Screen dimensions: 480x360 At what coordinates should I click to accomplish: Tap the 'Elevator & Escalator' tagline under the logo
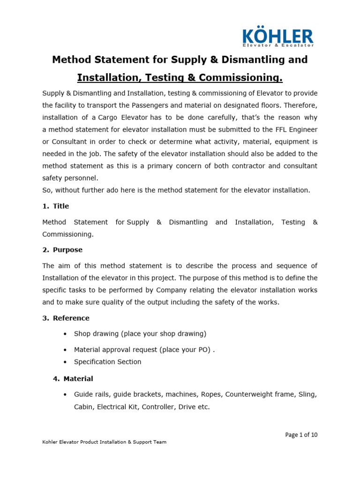(277, 45)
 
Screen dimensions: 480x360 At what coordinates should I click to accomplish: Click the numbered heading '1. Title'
(56, 206)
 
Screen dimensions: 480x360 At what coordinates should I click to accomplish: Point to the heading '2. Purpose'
(62, 250)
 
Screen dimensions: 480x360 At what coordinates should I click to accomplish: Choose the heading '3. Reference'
(66, 318)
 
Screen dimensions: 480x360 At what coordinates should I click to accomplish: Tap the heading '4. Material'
(73, 378)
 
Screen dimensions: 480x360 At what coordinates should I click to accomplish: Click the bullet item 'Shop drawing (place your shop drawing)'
(140, 334)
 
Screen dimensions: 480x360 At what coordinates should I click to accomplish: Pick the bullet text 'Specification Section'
(107, 362)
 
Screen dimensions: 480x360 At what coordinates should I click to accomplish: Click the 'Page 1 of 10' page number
(301, 435)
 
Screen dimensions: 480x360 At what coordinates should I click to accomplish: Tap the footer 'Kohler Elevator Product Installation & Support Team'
(104, 442)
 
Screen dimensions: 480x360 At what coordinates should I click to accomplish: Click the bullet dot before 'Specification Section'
(64, 362)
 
